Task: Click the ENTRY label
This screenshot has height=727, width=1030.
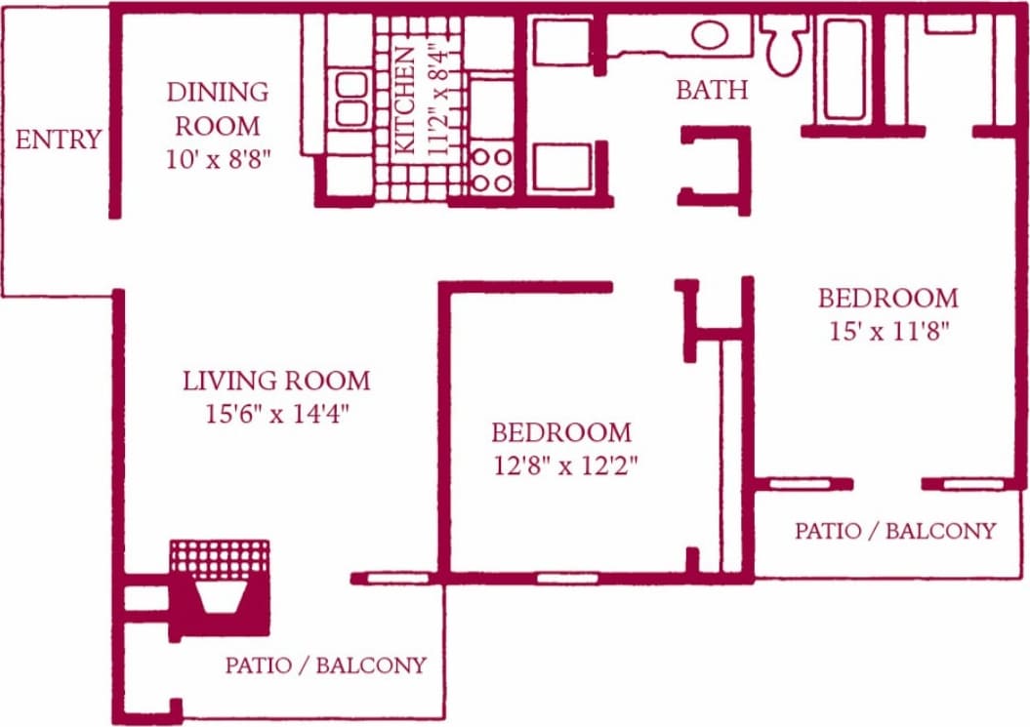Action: (58, 140)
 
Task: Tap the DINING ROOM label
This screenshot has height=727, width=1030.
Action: (217, 108)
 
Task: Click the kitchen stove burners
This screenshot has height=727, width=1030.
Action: (492, 169)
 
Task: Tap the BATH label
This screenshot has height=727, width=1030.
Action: (712, 90)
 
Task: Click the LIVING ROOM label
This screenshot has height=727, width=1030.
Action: (276, 380)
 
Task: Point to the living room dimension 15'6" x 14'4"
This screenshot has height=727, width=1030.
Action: (276, 414)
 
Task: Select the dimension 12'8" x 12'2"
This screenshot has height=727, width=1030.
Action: (565, 465)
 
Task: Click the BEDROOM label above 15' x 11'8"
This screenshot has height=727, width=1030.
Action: (887, 297)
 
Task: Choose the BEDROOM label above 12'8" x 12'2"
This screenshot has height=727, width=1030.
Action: (561, 431)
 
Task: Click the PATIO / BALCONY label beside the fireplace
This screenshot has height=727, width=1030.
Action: (325, 666)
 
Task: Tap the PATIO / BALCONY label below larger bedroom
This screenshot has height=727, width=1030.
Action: (894, 531)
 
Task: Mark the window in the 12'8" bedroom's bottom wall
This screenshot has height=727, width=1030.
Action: (567, 578)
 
